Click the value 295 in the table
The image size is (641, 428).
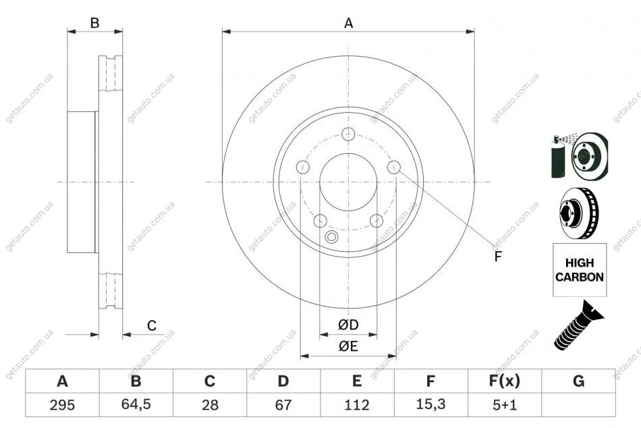pos(62,404)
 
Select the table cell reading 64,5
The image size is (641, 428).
pos(136,404)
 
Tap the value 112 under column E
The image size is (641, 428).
pos(357,404)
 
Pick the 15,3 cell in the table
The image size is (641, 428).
pos(430,404)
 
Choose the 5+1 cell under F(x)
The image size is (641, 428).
pos(505,404)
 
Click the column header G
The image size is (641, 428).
pos(578,381)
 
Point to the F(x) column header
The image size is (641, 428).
pos(505,381)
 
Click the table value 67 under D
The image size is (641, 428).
pos(283,404)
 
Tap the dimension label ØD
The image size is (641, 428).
pos(348,325)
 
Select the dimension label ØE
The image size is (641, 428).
pos(348,346)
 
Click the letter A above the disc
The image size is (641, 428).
pos(348,24)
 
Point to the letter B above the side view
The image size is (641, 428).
pos(94,23)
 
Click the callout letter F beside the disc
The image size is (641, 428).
pos(497,257)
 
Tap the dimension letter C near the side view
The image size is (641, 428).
pos(152,325)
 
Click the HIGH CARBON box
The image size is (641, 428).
pos(580,269)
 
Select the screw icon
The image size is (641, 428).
pos(579,325)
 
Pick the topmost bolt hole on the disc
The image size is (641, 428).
pos(348,134)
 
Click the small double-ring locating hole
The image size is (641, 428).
pos(331,236)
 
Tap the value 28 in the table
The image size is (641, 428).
pos(210,404)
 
